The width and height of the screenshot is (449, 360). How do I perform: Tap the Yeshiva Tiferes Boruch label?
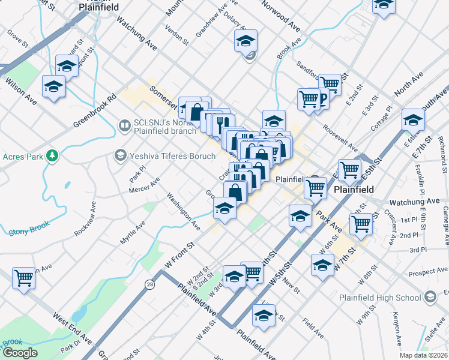coord(170,156)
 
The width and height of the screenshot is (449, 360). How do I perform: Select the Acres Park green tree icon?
coord(52,156)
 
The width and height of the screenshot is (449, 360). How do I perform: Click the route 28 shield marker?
coord(149,286)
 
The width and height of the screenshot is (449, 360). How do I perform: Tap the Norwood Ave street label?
coord(280,19)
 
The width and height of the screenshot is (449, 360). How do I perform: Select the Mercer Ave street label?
coord(145,185)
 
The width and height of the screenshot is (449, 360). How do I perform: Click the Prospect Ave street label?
coord(426,272)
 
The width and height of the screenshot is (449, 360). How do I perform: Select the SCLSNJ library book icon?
coord(125,125)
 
